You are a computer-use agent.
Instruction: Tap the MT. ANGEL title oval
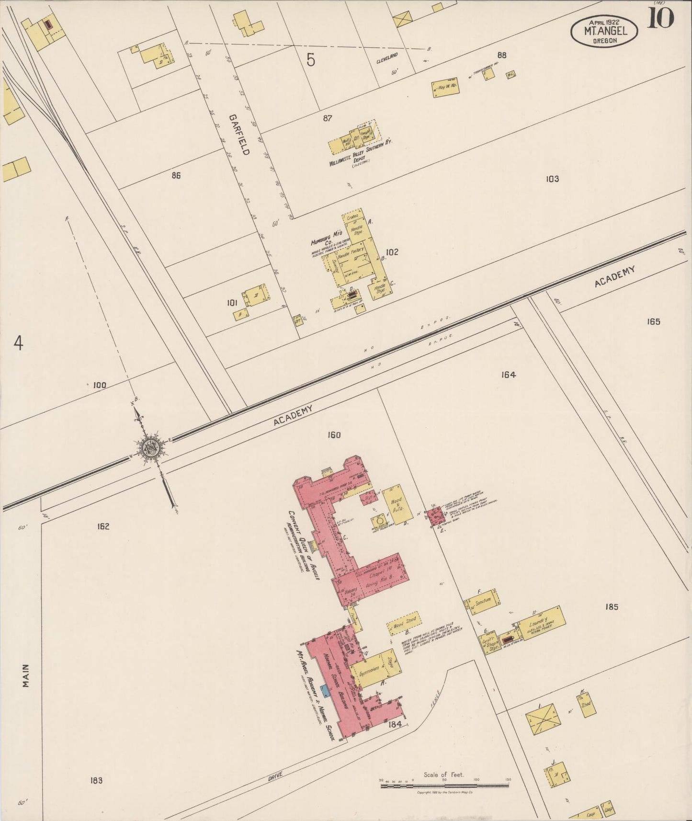(604, 31)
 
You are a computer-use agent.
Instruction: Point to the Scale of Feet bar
(444, 785)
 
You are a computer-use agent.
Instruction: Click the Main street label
(26, 675)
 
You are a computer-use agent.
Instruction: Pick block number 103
(552, 179)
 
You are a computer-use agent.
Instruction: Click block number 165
(653, 321)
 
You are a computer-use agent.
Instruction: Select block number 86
(176, 175)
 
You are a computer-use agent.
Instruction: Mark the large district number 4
(18, 343)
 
